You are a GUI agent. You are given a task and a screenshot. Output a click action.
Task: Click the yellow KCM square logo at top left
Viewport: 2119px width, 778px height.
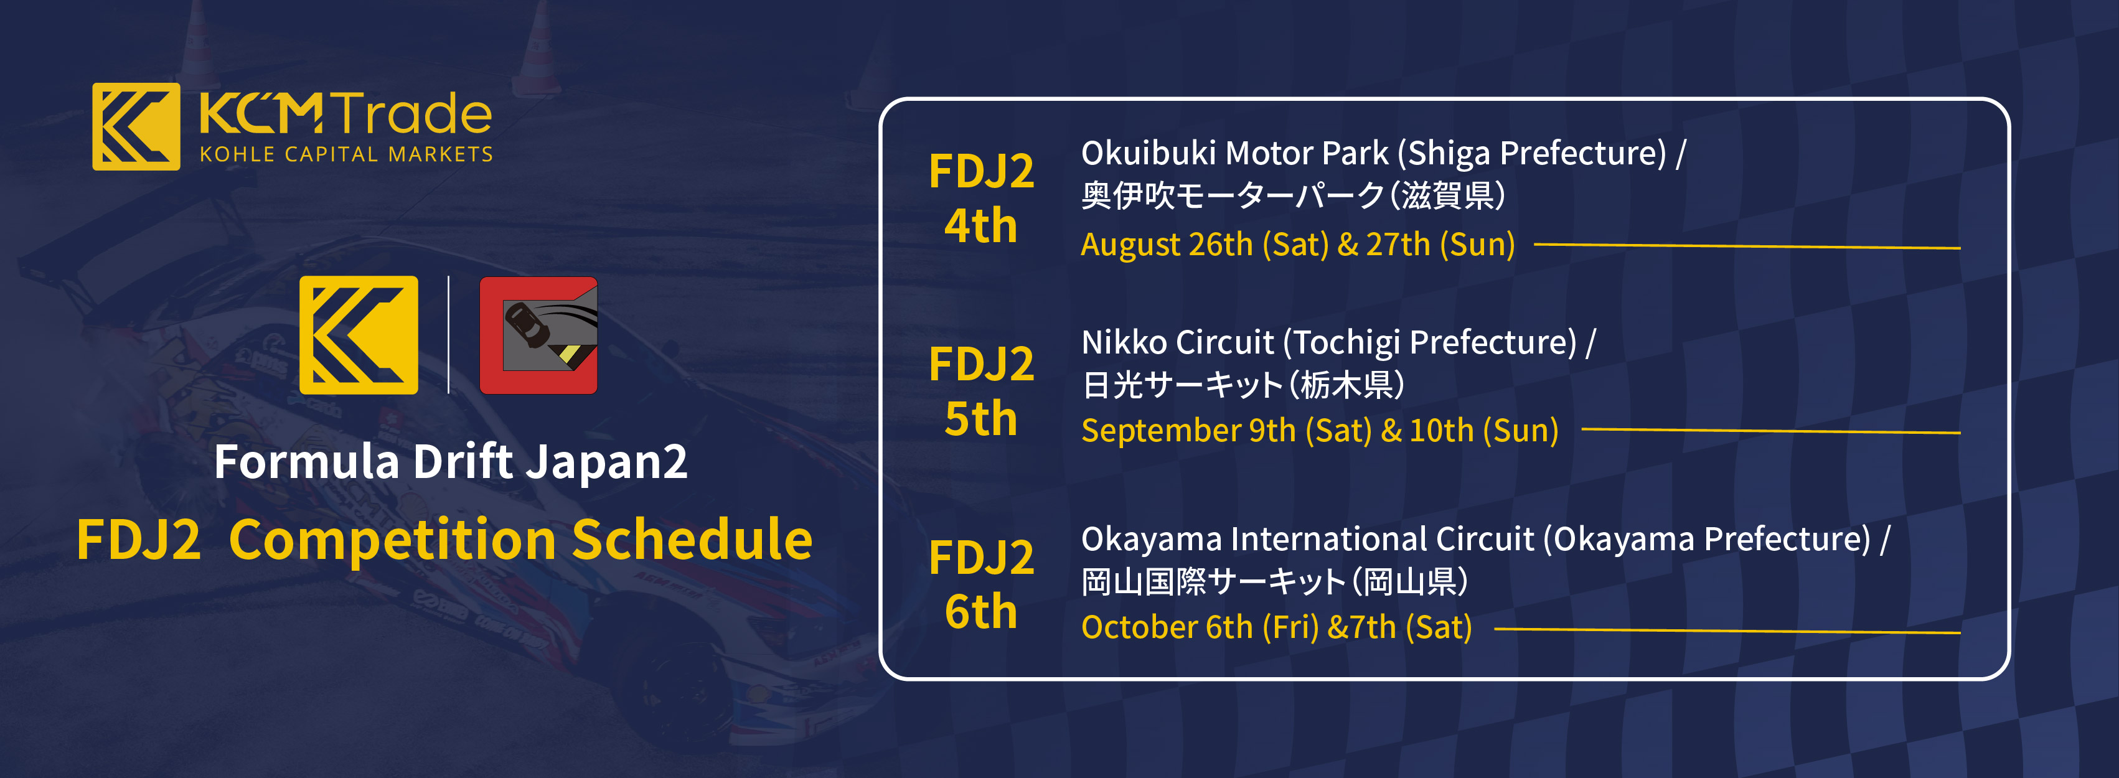pyautogui.click(x=136, y=126)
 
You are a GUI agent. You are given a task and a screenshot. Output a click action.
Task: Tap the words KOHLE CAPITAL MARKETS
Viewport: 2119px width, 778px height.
pyautogui.click(x=345, y=154)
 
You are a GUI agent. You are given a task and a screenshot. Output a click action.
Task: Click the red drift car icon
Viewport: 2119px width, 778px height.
pyautogui.click(x=539, y=335)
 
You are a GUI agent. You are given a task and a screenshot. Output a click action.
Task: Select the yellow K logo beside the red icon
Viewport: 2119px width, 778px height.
pyautogui.click(x=359, y=335)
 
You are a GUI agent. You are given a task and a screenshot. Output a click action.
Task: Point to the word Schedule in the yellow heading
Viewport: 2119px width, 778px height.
pyautogui.click(x=692, y=540)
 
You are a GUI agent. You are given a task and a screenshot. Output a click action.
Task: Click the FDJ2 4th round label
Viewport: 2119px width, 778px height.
pyautogui.click(x=980, y=198)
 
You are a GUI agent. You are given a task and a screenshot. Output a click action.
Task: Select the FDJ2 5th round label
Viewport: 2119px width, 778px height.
pyautogui.click(x=980, y=391)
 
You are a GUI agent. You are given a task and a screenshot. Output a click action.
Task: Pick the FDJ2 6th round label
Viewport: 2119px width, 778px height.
pyautogui.click(x=980, y=584)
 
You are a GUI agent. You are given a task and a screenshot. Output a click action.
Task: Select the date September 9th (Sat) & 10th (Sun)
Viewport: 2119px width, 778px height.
pyautogui.click(x=1320, y=431)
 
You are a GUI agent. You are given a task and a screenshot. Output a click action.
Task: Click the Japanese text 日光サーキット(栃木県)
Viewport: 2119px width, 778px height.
pyautogui.click(x=1242, y=385)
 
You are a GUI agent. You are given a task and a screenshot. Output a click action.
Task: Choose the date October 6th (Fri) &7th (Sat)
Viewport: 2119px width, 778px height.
pyautogui.click(x=1276, y=627)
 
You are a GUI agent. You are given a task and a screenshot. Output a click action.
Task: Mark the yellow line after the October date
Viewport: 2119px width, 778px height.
pyautogui.click(x=1727, y=630)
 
